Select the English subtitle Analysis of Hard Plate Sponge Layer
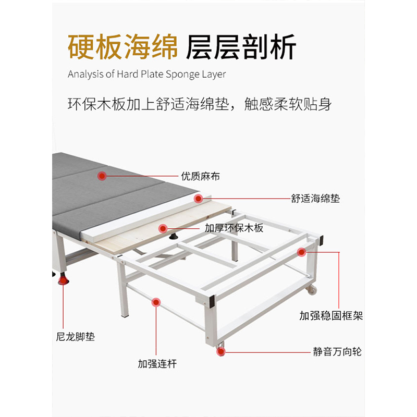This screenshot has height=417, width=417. click(147, 75)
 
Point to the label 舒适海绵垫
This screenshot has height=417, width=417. click(315, 199)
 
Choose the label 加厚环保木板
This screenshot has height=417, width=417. click(234, 228)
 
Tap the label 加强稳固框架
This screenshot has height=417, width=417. click(331, 316)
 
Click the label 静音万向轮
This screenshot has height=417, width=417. click(337, 352)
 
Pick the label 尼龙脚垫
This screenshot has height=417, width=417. click(76, 337)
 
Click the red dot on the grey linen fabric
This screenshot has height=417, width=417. click(103, 176)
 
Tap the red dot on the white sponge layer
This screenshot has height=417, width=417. click(198, 199)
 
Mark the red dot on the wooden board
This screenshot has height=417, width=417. click(163, 228)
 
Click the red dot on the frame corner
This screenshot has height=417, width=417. click(301, 252)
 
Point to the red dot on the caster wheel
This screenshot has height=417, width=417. click(221, 352)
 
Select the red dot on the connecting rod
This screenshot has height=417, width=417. click(155, 302)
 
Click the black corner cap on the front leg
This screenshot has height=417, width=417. click(212, 301)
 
